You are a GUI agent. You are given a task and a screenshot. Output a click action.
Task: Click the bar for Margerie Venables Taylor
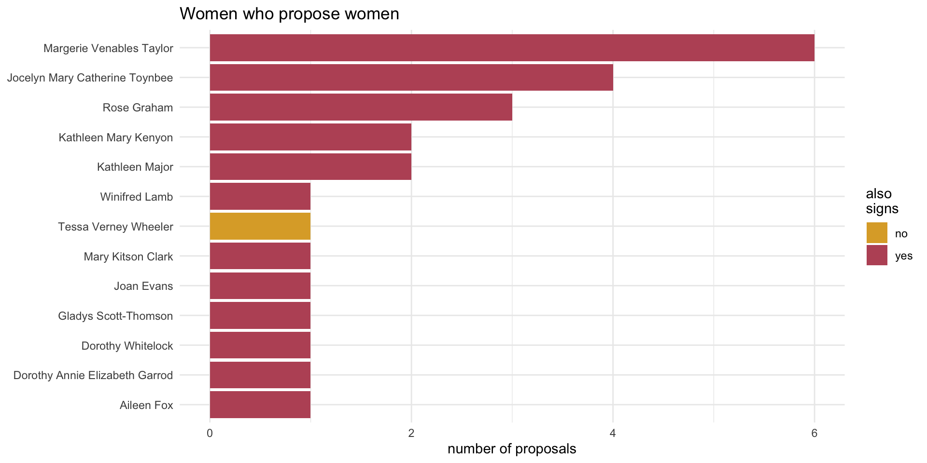(x=512, y=48)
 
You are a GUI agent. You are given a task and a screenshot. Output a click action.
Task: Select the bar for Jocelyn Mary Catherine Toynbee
(x=411, y=77)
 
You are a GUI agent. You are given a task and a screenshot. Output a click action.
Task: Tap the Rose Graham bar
(x=361, y=107)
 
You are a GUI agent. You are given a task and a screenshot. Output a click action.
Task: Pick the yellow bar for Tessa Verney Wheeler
(x=260, y=226)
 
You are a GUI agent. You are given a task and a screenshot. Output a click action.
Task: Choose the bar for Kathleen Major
(x=310, y=167)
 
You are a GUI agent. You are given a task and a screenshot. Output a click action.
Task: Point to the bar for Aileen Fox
(x=260, y=405)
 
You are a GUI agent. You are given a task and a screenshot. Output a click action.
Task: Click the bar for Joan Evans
(x=260, y=286)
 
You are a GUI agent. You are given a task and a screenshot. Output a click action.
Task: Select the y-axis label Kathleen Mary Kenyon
(x=115, y=137)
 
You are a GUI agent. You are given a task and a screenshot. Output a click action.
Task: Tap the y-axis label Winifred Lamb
(x=136, y=197)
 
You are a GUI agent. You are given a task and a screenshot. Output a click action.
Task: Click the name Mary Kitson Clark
(x=128, y=257)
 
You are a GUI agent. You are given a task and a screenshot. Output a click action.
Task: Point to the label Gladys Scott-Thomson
(x=115, y=316)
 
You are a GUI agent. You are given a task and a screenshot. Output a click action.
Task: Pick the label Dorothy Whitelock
(x=127, y=346)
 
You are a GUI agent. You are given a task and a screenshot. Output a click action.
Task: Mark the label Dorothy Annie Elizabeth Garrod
(x=93, y=375)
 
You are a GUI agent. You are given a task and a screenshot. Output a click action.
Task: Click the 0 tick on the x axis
(x=210, y=433)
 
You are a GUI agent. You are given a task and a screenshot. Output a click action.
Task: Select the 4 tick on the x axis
(x=613, y=433)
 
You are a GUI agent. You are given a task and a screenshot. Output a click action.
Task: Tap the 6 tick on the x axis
(x=814, y=433)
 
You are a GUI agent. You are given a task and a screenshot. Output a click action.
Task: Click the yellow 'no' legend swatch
(x=877, y=233)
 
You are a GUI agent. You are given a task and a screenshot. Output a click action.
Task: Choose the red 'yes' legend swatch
(x=877, y=255)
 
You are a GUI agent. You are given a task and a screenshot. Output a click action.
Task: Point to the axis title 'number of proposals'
(x=512, y=449)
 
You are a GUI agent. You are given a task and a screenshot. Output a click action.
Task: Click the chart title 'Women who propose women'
(x=289, y=14)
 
